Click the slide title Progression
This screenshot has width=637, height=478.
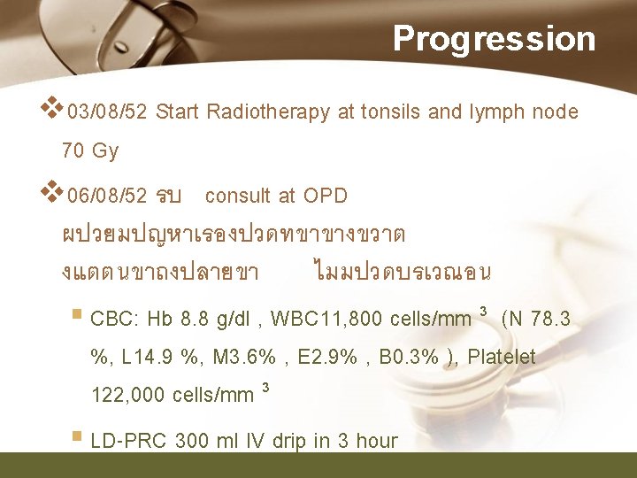[494, 39]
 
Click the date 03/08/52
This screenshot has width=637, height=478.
[107, 112]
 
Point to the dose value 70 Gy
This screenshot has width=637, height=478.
[89, 151]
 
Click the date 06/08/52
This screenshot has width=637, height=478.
[107, 196]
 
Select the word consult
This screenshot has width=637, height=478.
[238, 196]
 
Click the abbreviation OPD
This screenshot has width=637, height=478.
[326, 196]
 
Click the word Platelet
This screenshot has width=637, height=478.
[502, 357]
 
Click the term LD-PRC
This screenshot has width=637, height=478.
[130, 441]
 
